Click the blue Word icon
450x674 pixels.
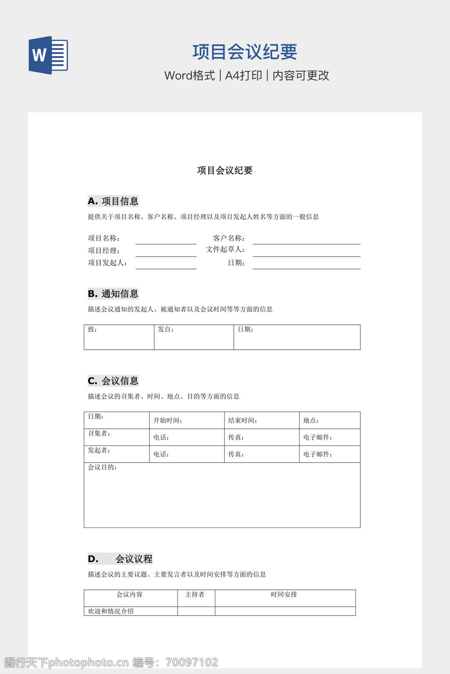(x=48, y=55)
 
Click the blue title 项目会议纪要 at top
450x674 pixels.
(x=245, y=52)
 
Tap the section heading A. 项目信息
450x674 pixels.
(x=113, y=201)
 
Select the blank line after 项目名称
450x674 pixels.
(x=166, y=240)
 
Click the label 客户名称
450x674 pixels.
(x=229, y=238)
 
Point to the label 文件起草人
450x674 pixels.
(x=225, y=249)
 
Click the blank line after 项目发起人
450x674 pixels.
(x=166, y=265)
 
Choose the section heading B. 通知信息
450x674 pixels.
(x=113, y=294)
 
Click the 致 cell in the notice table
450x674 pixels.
(x=119, y=337)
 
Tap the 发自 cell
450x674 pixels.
(x=193, y=337)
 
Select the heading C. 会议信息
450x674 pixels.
(x=113, y=380)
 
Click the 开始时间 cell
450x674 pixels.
(x=186, y=420)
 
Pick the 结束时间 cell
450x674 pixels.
(x=261, y=420)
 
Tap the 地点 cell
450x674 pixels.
(x=329, y=420)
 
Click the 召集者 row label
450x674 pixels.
(x=99, y=434)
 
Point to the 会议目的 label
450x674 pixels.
(x=102, y=467)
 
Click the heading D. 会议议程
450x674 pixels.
(x=120, y=559)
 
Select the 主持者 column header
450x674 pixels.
(x=195, y=595)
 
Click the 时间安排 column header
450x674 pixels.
(x=284, y=595)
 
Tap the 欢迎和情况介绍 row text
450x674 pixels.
(x=111, y=611)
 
